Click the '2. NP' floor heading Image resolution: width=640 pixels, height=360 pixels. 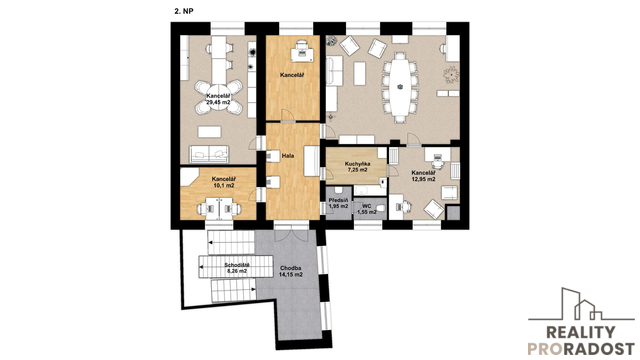click(x=184, y=12)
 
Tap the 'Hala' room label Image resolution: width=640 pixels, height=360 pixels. click(x=288, y=156)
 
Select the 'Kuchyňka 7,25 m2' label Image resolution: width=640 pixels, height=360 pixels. click(x=357, y=167)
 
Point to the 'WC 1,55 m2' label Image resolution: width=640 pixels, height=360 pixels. click(x=366, y=209)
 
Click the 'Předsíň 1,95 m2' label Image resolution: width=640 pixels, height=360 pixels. click(x=338, y=203)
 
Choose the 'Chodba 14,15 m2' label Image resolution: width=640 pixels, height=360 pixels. click(x=291, y=271)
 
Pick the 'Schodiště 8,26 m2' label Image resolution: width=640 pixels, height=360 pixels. click(x=237, y=267)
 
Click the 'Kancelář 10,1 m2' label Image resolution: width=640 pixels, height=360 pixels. click(x=224, y=182)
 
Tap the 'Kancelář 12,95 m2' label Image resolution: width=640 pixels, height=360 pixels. click(x=423, y=176)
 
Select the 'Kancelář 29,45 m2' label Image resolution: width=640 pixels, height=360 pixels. click(x=218, y=99)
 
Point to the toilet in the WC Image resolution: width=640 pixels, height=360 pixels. click(x=380, y=209)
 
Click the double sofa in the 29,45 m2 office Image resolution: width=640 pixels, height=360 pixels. click(x=209, y=154)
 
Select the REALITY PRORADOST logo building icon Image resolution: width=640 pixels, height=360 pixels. click(x=581, y=304)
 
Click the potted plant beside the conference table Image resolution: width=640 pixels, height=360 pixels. click(x=451, y=75)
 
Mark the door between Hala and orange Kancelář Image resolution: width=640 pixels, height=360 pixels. click(x=288, y=116)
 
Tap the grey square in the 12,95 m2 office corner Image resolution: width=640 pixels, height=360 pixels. click(x=453, y=213)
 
